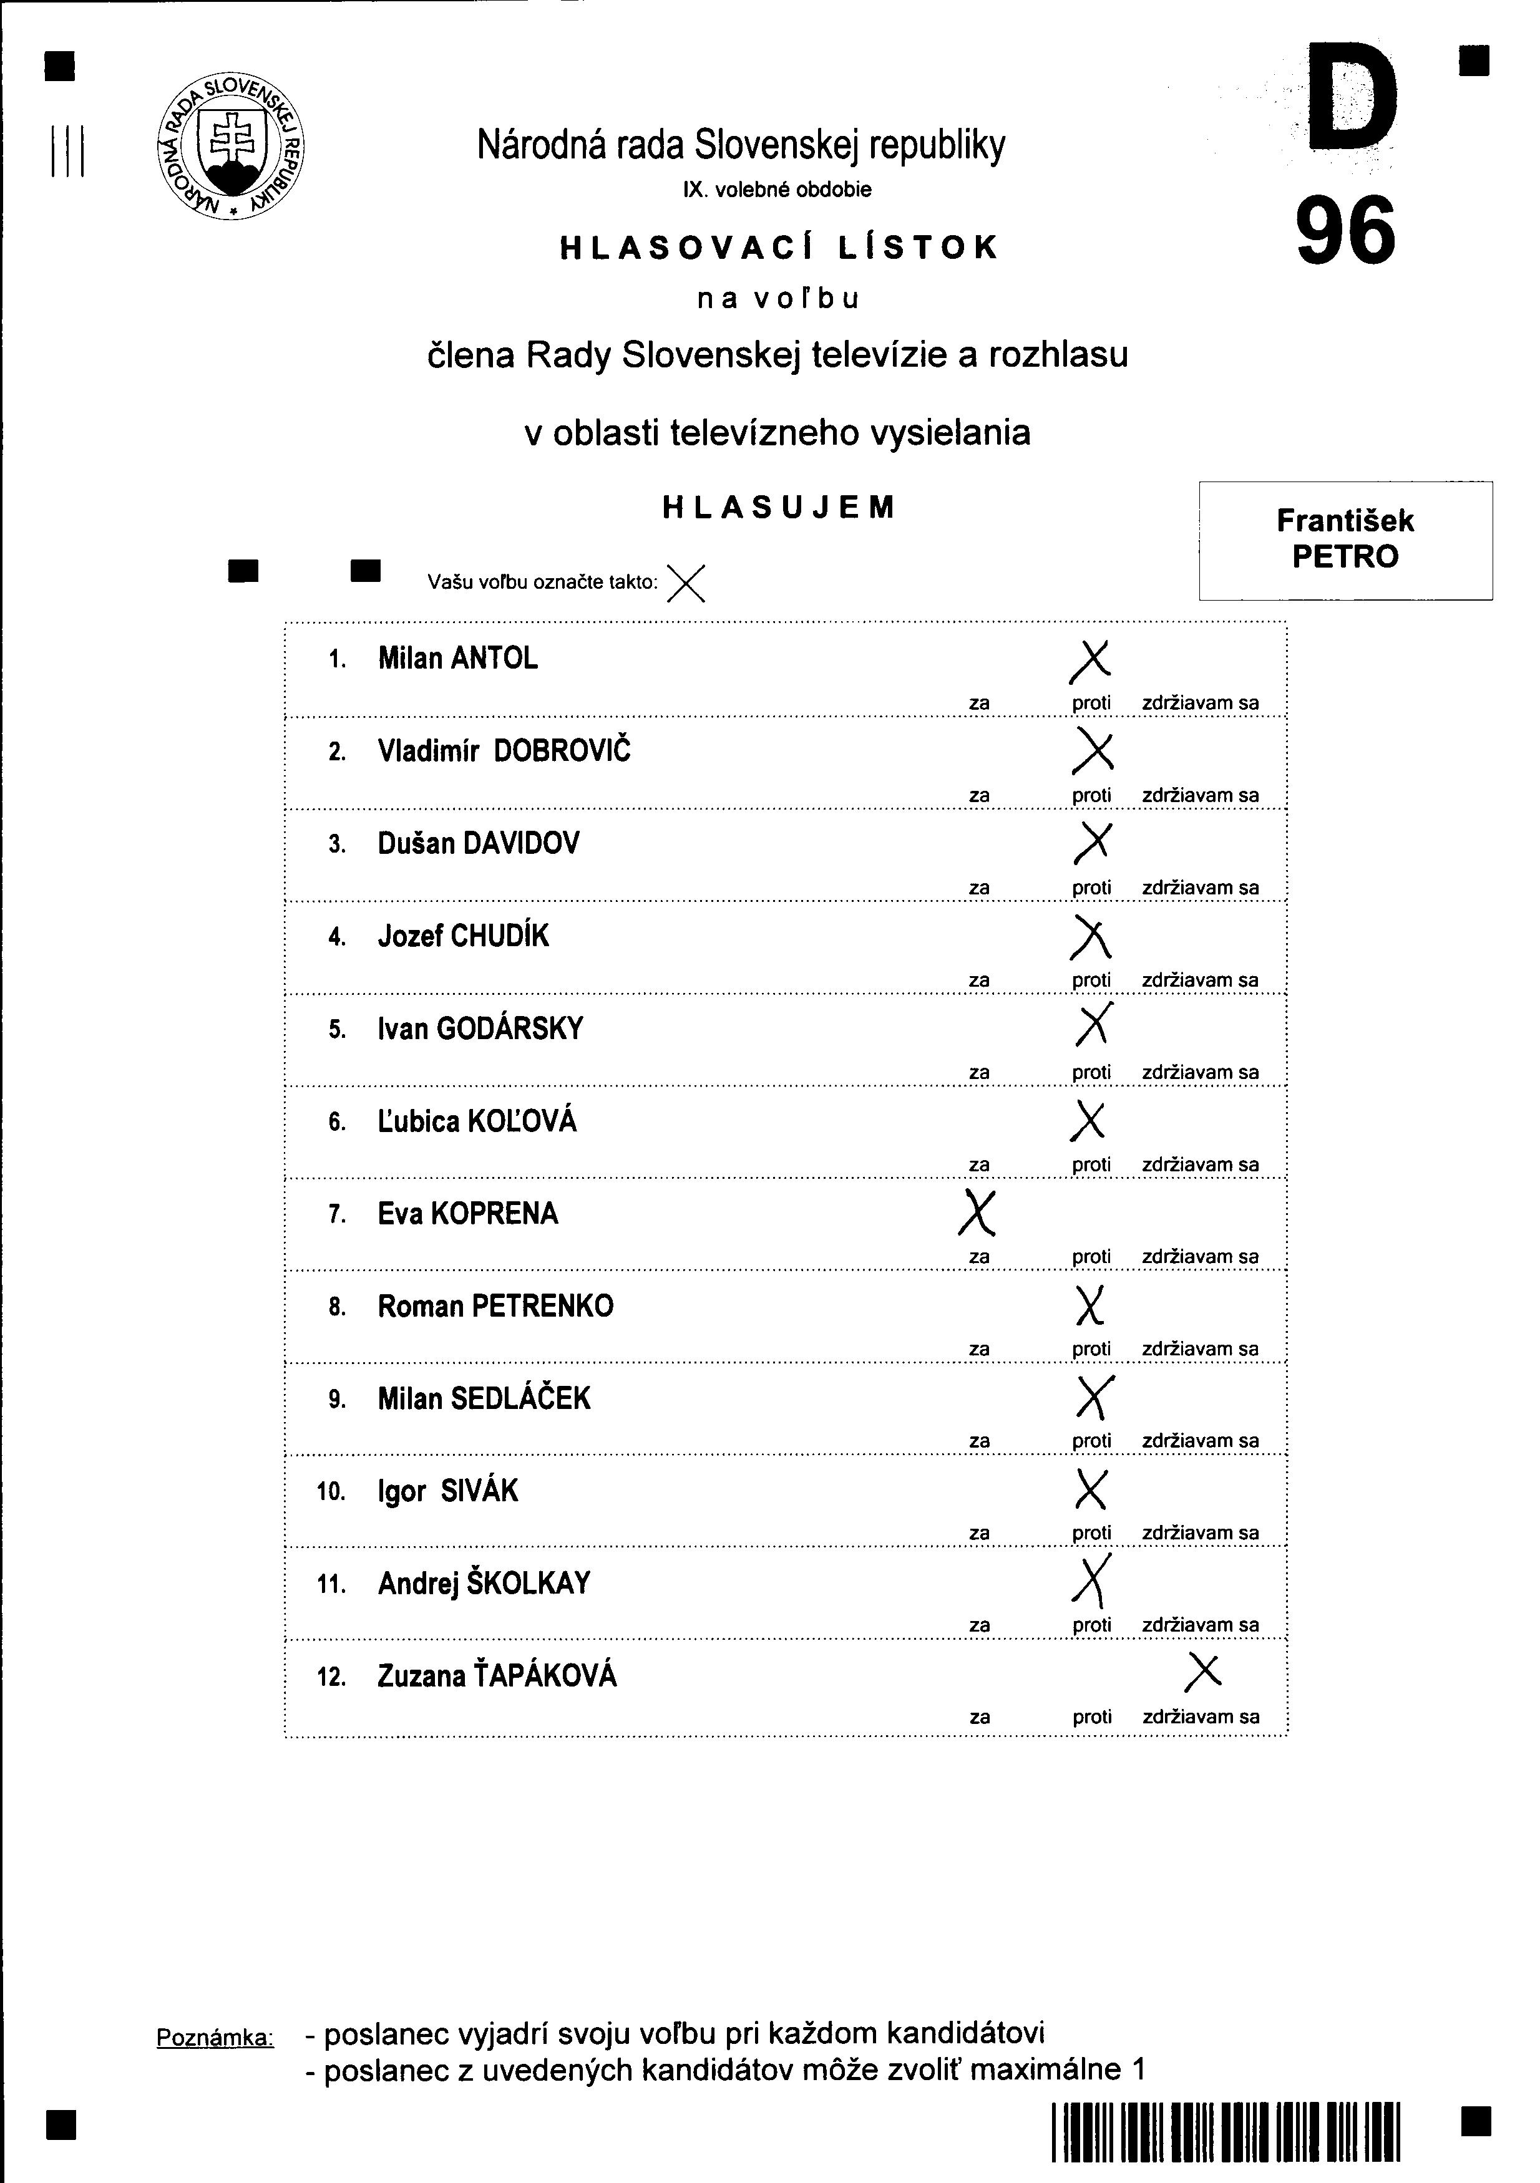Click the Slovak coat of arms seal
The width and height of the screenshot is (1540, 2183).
pyautogui.click(x=230, y=145)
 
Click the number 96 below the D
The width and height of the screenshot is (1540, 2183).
pyautogui.click(x=1346, y=231)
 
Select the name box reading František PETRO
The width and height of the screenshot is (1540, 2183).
pyautogui.click(x=1345, y=540)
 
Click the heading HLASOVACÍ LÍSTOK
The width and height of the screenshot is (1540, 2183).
pyautogui.click(x=779, y=247)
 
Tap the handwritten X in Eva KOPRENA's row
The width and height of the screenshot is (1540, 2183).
pyautogui.click(x=977, y=1213)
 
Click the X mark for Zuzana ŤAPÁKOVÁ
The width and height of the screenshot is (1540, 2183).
pyautogui.click(x=1203, y=1672)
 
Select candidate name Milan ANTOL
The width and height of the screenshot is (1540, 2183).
pyautogui.click(x=457, y=658)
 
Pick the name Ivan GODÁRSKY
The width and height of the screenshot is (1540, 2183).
pyautogui.click(x=480, y=1029)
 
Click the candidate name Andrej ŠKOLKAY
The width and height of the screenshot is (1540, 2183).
pyautogui.click(x=484, y=1583)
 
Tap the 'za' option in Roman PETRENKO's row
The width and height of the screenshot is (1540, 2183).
pyautogui.click(x=979, y=1349)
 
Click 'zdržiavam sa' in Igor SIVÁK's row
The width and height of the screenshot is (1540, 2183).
pyautogui.click(x=1201, y=1534)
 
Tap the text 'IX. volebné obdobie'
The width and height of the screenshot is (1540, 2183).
pyautogui.click(x=777, y=189)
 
